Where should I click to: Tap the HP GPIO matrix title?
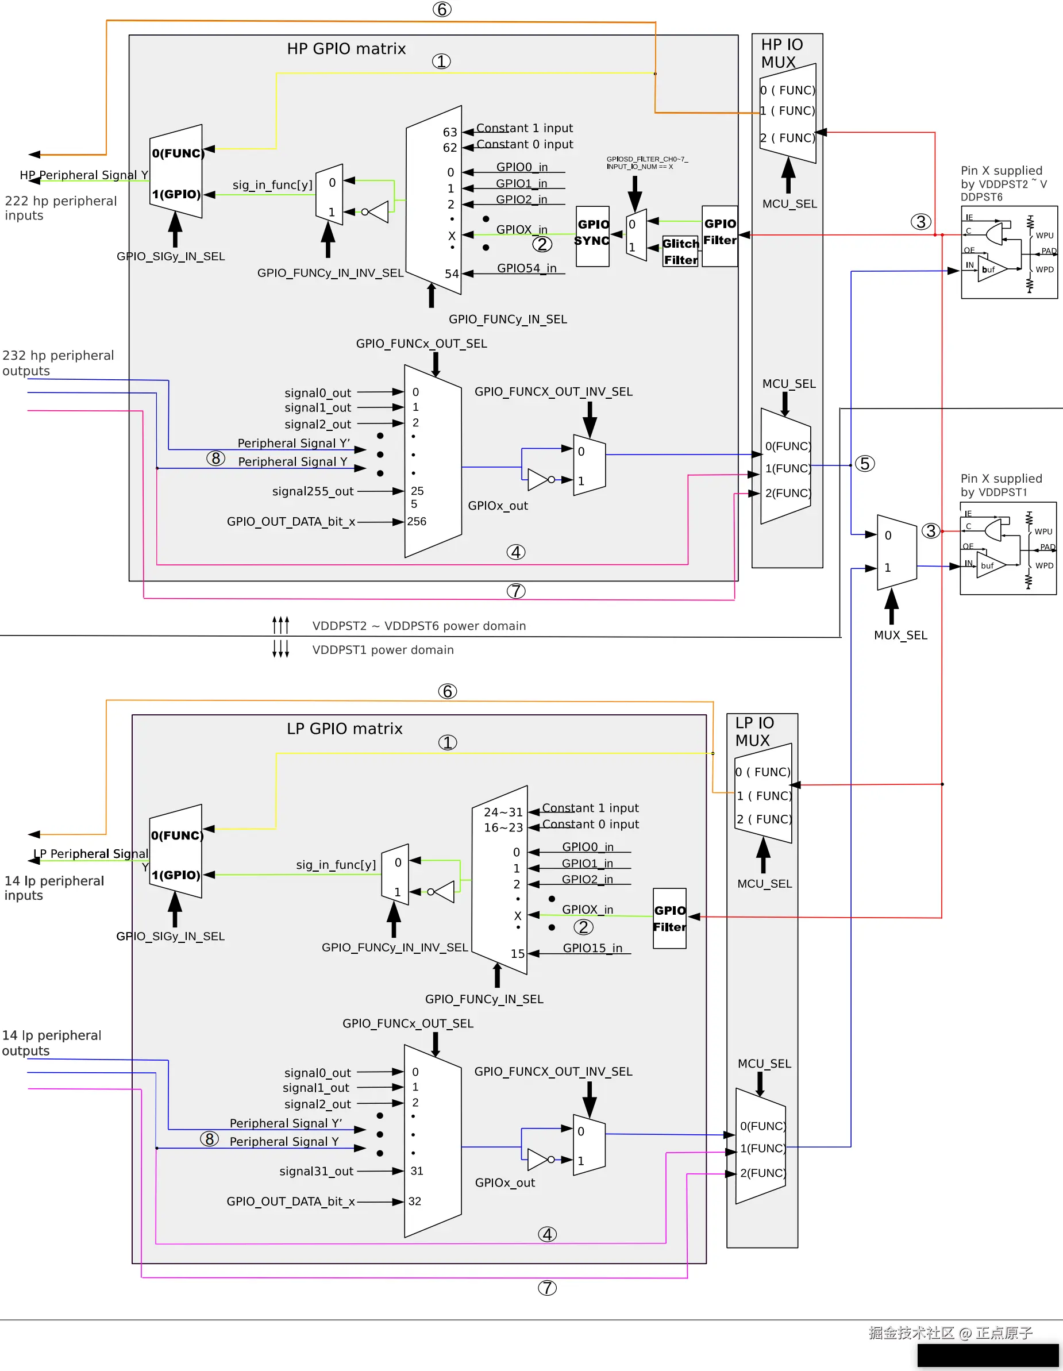(x=346, y=49)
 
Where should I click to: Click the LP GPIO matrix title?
(x=344, y=728)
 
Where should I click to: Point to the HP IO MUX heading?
(x=781, y=53)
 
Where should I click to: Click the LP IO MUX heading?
(x=754, y=731)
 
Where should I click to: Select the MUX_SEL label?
(x=900, y=635)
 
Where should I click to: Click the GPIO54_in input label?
(x=526, y=268)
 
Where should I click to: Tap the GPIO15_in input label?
(x=591, y=948)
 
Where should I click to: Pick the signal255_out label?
(x=312, y=491)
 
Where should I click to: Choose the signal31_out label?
(x=316, y=1172)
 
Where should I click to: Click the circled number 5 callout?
(x=865, y=463)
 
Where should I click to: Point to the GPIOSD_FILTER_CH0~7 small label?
(x=647, y=163)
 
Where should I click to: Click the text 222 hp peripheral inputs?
(x=60, y=208)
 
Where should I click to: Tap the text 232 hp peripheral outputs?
(x=58, y=363)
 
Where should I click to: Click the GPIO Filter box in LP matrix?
(x=669, y=918)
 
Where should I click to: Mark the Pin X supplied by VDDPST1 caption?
(x=1001, y=484)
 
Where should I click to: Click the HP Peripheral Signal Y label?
(x=83, y=175)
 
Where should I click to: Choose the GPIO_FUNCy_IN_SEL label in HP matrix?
(x=507, y=319)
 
